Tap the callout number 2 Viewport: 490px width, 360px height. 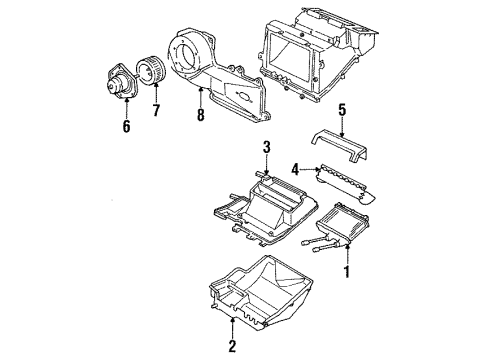coord(232,347)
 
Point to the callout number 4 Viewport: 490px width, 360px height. coord(296,170)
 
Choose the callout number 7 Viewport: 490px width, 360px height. coord(155,108)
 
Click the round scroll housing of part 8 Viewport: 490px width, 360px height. coord(194,50)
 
